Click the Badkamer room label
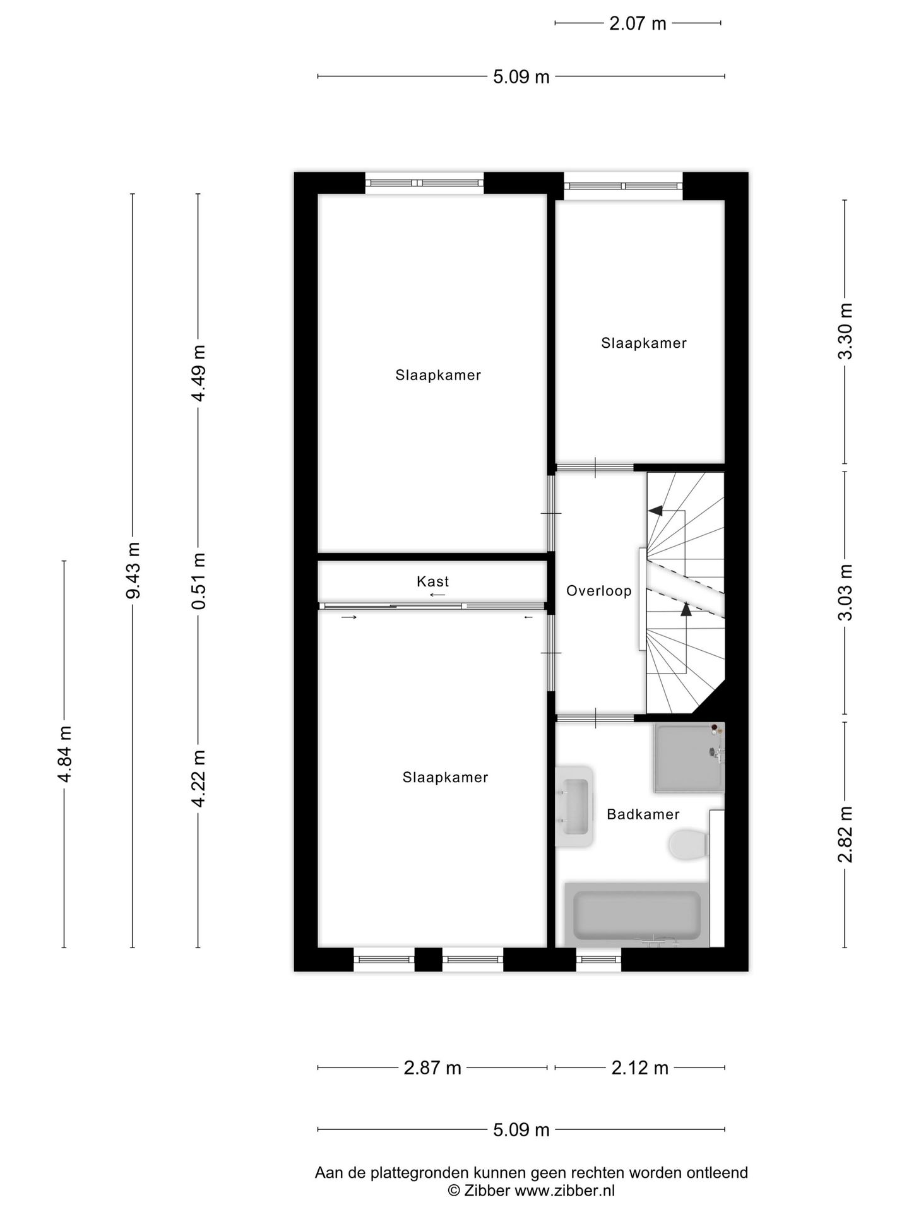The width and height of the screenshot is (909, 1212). pyautogui.click(x=643, y=814)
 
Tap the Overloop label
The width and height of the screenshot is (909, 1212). pyautogui.click(x=598, y=591)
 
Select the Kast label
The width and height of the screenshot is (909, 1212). pyautogui.click(x=432, y=581)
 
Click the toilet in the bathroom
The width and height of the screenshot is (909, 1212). pyautogui.click(x=687, y=844)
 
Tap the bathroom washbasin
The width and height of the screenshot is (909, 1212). pyautogui.click(x=574, y=806)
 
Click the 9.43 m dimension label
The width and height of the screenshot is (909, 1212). pyautogui.click(x=133, y=570)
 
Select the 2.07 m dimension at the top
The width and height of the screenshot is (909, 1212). pyautogui.click(x=638, y=23)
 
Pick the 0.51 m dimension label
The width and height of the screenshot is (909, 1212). pyautogui.click(x=198, y=581)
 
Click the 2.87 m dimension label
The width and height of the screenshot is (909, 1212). pyautogui.click(x=432, y=1068)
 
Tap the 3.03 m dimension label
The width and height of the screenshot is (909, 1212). pyautogui.click(x=845, y=592)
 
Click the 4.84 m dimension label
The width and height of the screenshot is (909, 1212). pyautogui.click(x=64, y=754)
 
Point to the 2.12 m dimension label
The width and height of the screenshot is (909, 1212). pyautogui.click(x=639, y=1068)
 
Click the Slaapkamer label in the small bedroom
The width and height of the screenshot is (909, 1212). pyautogui.click(x=643, y=343)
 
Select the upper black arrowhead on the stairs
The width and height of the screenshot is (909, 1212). pyautogui.click(x=655, y=511)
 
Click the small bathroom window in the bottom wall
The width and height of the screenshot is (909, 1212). pyautogui.click(x=598, y=959)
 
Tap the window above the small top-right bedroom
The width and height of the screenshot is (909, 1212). pyautogui.click(x=623, y=186)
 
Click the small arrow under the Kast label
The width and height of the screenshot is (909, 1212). pyautogui.click(x=437, y=595)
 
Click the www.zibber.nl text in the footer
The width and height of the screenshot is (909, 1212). pyautogui.click(x=564, y=1191)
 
